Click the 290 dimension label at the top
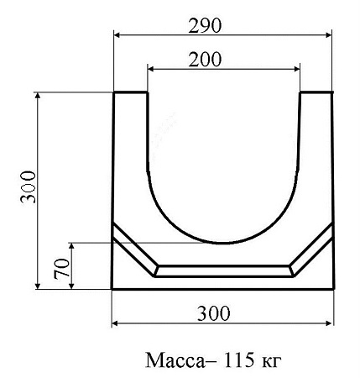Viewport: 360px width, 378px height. [x=205, y=25]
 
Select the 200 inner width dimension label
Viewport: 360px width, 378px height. [x=205, y=60]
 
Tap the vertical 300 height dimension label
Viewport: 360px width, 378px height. [x=29, y=186]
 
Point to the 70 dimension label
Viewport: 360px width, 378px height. [x=62, y=269]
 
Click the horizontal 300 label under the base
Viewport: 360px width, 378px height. [x=214, y=313]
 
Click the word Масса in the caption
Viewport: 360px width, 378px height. [x=175, y=360]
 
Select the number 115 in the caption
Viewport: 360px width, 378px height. [x=237, y=360]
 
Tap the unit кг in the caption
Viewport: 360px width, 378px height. [x=271, y=362]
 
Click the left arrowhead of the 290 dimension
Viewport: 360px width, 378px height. [x=117, y=35]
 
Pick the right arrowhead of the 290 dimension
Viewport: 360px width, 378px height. [x=328, y=35]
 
